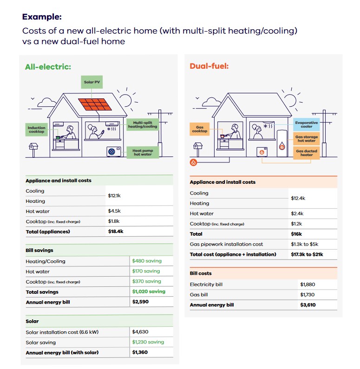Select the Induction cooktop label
pos(37,129)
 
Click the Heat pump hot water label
pos(143,152)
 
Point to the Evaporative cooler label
pos(307,125)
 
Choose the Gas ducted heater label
pos(307,153)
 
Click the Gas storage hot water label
pos(307,139)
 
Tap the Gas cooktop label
pos(200,129)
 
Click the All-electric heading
pos(48,67)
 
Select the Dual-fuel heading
pos(209,66)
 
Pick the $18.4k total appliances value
pos(116,231)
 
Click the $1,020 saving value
pos(149,291)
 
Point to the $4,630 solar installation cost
pos(140,332)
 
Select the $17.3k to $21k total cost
pos(307,254)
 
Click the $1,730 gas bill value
pos(308,295)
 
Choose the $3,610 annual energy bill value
pos(308,305)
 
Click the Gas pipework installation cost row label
pos(226,244)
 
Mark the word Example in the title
pos(42,17)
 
